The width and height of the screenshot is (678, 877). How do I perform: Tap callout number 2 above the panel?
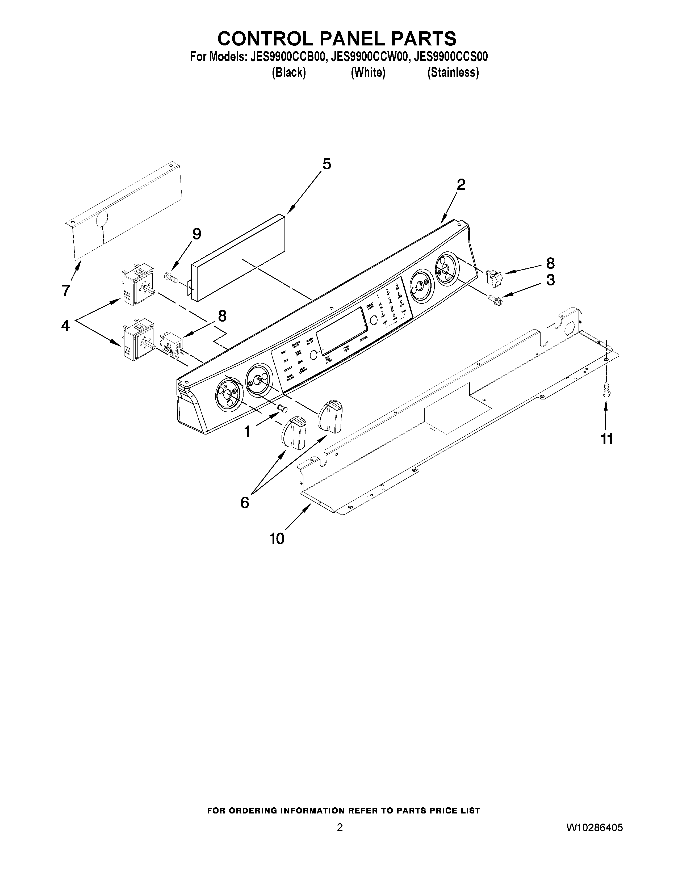461,185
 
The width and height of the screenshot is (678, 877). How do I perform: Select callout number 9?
196,234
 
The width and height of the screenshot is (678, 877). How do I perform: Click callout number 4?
65,325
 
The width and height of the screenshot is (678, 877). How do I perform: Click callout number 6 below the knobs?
245,502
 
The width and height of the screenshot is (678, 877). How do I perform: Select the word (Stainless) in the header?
453,73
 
